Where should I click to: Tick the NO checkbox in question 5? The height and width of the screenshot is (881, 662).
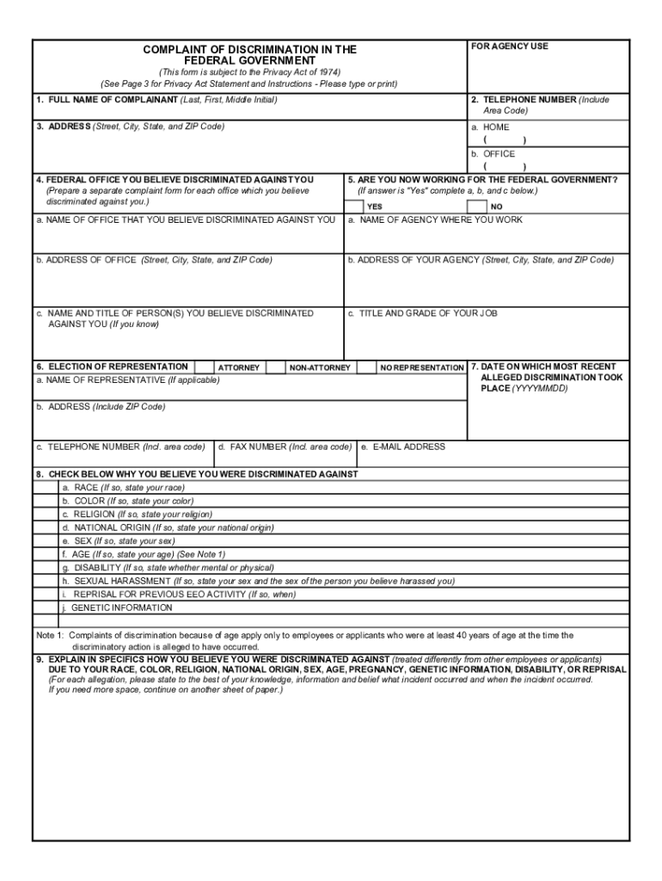pos(476,206)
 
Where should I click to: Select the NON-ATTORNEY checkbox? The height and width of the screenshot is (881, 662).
pos(275,367)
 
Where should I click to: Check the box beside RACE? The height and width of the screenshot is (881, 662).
pos(46,487)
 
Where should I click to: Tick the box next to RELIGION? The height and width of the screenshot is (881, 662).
pos(46,514)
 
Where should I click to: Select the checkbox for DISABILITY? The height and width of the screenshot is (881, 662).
pos(46,568)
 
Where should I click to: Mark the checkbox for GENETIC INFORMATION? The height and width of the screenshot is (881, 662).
pos(46,607)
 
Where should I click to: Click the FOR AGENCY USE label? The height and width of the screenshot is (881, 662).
pos(509,46)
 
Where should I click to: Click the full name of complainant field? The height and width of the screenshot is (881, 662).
pos(249,110)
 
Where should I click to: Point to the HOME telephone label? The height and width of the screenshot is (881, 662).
pos(495,127)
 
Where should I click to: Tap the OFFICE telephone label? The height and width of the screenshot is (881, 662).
pos(499,154)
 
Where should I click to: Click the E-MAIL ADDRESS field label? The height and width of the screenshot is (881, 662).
pos(408,447)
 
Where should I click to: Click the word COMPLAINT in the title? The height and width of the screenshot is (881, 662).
pos(179,50)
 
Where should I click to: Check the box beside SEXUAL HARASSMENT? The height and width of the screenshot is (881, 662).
pos(46,581)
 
